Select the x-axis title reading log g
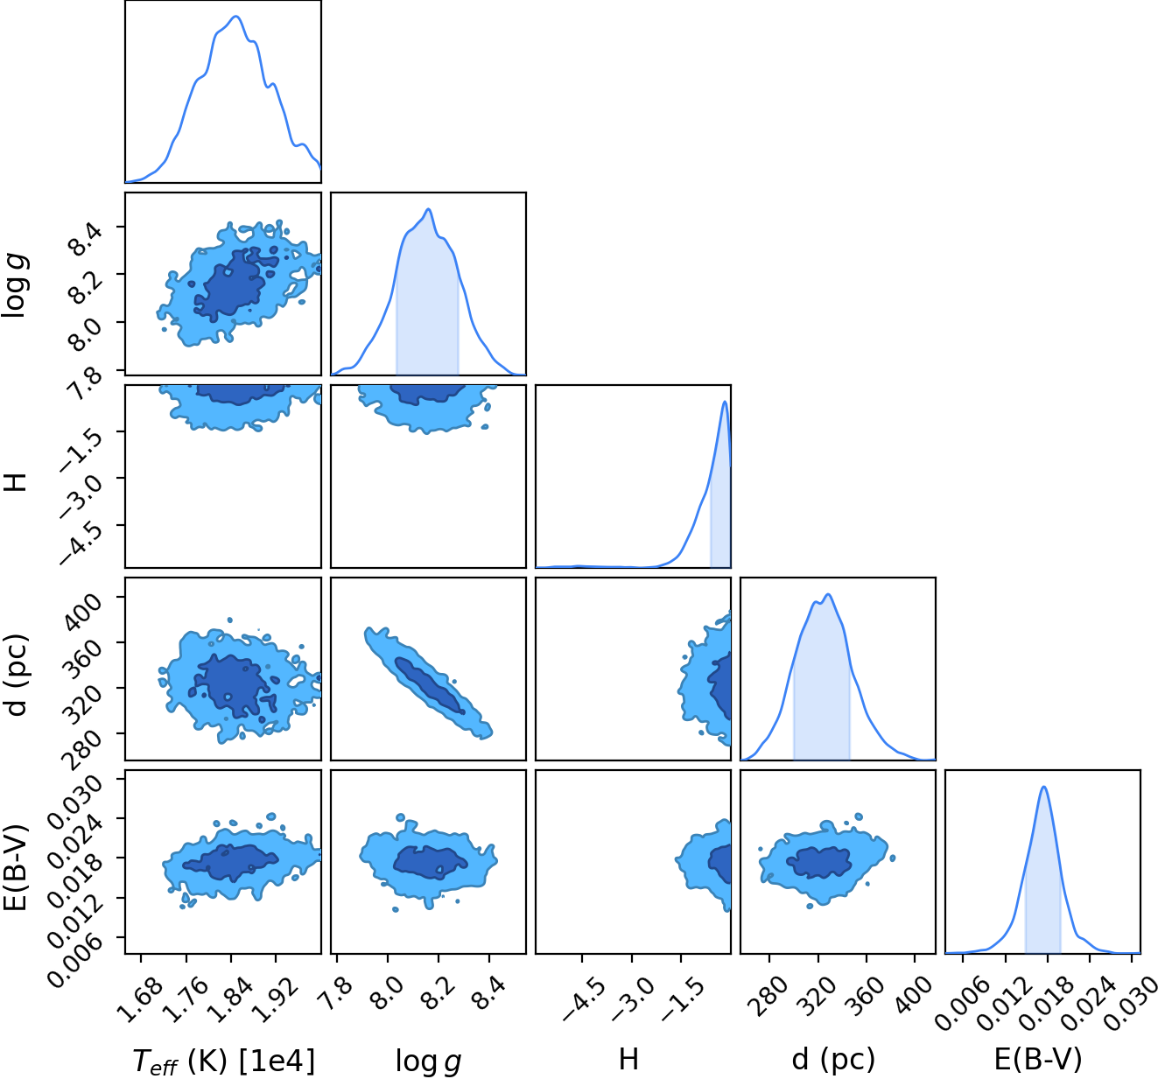pyautogui.click(x=428, y=1061)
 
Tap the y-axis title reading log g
pyautogui.click(x=15, y=285)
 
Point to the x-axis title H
pyautogui.click(x=628, y=1059)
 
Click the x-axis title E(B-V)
pyautogui.click(x=1038, y=1060)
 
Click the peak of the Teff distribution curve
pyautogui.click(x=236, y=17)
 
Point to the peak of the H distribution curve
pyautogui.click(x=725, y=402)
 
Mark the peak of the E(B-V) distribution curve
pyautogui.click(x=1043, y=787)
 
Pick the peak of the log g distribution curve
pyautogui.click(x=429, y=209)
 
